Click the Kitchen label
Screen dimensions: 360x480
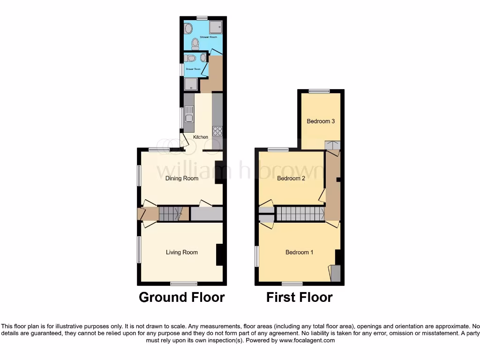point(201,137)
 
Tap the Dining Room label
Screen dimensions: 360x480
point(182,178)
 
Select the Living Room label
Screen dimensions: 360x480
point(182,252)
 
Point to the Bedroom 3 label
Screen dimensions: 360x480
point(321,121)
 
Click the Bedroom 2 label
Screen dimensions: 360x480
point(291,178)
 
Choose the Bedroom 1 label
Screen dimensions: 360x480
point(300,252)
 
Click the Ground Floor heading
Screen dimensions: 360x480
point(182,297)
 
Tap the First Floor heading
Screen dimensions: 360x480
point(300,297)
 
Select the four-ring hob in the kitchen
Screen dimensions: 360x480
point(217,131)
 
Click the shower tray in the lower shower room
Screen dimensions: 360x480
point(191,84)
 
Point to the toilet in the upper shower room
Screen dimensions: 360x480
point(195,45)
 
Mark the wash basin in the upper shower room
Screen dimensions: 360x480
point(188,29)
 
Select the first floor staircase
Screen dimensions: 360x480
point(300,214)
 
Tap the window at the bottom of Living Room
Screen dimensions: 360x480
point(183,283)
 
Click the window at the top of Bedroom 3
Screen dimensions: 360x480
point(319,91)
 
